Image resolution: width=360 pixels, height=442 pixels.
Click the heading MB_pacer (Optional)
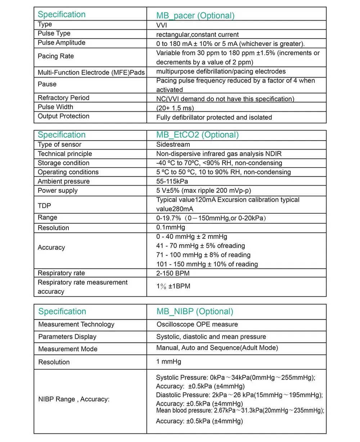click(x=195, y=15)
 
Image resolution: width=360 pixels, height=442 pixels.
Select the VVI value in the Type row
click(x=161, y=25)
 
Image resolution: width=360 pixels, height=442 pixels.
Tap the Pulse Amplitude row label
click(x=62, y=43)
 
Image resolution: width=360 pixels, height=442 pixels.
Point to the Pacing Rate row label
click(x=56, y=56)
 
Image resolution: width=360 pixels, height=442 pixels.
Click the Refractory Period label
click(x=63, y=98)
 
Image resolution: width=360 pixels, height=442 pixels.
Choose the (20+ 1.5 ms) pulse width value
click(x=175, y=108)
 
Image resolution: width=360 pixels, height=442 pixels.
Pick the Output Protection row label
click(x=63, y=116)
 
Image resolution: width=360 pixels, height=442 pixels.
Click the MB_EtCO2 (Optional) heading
click(x=197, y=135)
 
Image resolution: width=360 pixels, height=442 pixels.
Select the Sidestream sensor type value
click(x=173, y=144)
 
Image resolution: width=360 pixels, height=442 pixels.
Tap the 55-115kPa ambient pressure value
click(x=172, y=181)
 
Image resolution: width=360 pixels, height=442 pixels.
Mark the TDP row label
click(x=45, y=206)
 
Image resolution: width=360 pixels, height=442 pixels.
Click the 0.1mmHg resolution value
click(x=171, y=227)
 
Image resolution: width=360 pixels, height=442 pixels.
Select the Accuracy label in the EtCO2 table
click(x=51, y=247)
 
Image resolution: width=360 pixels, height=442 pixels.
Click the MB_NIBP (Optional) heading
click(x=195, y=312)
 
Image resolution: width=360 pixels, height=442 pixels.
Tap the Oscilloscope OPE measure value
click(x=197, y=324)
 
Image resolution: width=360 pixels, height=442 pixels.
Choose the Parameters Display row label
click(x=67, y=337)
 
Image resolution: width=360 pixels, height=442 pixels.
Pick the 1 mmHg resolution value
click(x=168, y=361)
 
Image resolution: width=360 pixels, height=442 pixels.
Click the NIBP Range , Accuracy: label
click(x=74, y=399)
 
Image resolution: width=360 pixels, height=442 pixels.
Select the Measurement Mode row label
click(x=68, y=349)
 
